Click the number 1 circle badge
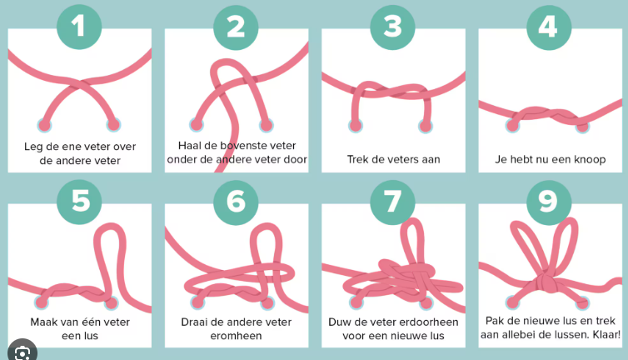[x=79, y=27]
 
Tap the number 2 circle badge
[x=236, y=27]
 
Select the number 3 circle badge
[x=392, y=27]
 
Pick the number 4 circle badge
[x=547, y=27]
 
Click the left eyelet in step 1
[x=44, y=125]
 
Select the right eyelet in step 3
[x=426, y=126]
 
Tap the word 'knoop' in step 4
[x=588, y=159]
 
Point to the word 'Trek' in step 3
[x=359, y=159]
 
